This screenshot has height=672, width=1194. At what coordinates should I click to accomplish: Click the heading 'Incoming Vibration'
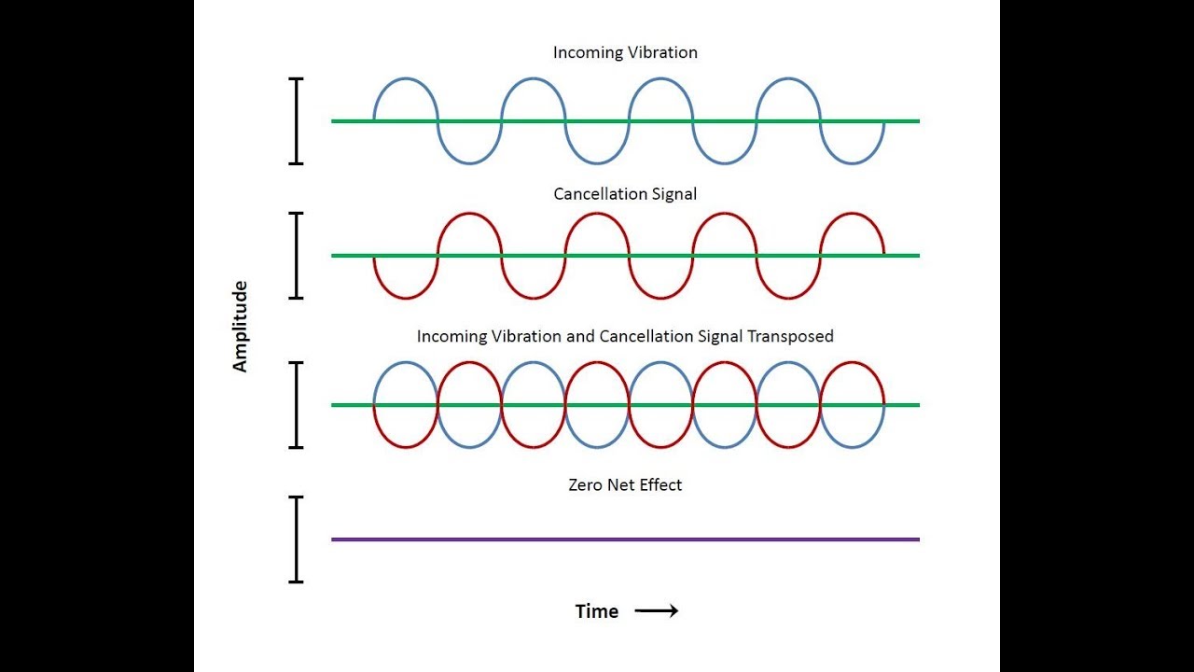[x=625, y=52]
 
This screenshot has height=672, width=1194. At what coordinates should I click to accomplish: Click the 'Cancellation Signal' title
[x=625, y=194]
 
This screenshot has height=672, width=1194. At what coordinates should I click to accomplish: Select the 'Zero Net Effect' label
[x=625, y=485]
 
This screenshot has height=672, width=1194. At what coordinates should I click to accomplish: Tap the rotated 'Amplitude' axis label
[x=241, y=327]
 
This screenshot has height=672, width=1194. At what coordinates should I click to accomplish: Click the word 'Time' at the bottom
[x=597, y=611]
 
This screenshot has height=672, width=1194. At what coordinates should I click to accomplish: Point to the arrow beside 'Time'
[x=656, y=611]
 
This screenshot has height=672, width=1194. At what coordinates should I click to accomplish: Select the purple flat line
[x=625, y=539]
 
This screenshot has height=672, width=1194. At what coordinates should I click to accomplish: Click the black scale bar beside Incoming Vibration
[x=297, y=121]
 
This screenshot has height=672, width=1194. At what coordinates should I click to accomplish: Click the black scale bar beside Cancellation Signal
[x=297, y=256]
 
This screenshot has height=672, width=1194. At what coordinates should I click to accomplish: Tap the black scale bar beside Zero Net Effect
[x=297, y=539]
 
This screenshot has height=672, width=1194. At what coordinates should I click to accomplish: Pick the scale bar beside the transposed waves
[x=297, y=405]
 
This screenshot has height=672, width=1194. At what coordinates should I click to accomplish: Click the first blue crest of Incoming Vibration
[x=405, y=79]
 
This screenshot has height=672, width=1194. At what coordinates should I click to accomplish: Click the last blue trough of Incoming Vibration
[x=852, y=163]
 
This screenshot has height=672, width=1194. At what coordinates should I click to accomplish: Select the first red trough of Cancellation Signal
[x=405, y=298]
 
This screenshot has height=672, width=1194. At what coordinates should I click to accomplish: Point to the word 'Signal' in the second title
[x=673, y=194]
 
